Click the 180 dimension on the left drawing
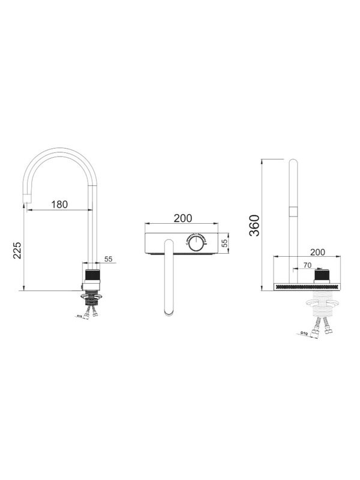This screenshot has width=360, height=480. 59,204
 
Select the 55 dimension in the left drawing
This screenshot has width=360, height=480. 109,259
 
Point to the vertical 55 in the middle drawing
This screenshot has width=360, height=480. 224,244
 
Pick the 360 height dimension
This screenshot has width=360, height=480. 254,225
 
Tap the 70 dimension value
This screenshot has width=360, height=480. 307,264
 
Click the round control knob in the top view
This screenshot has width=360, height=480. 196,243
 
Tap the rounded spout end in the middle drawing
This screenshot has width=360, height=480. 169,310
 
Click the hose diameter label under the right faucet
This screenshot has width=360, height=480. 305,334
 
